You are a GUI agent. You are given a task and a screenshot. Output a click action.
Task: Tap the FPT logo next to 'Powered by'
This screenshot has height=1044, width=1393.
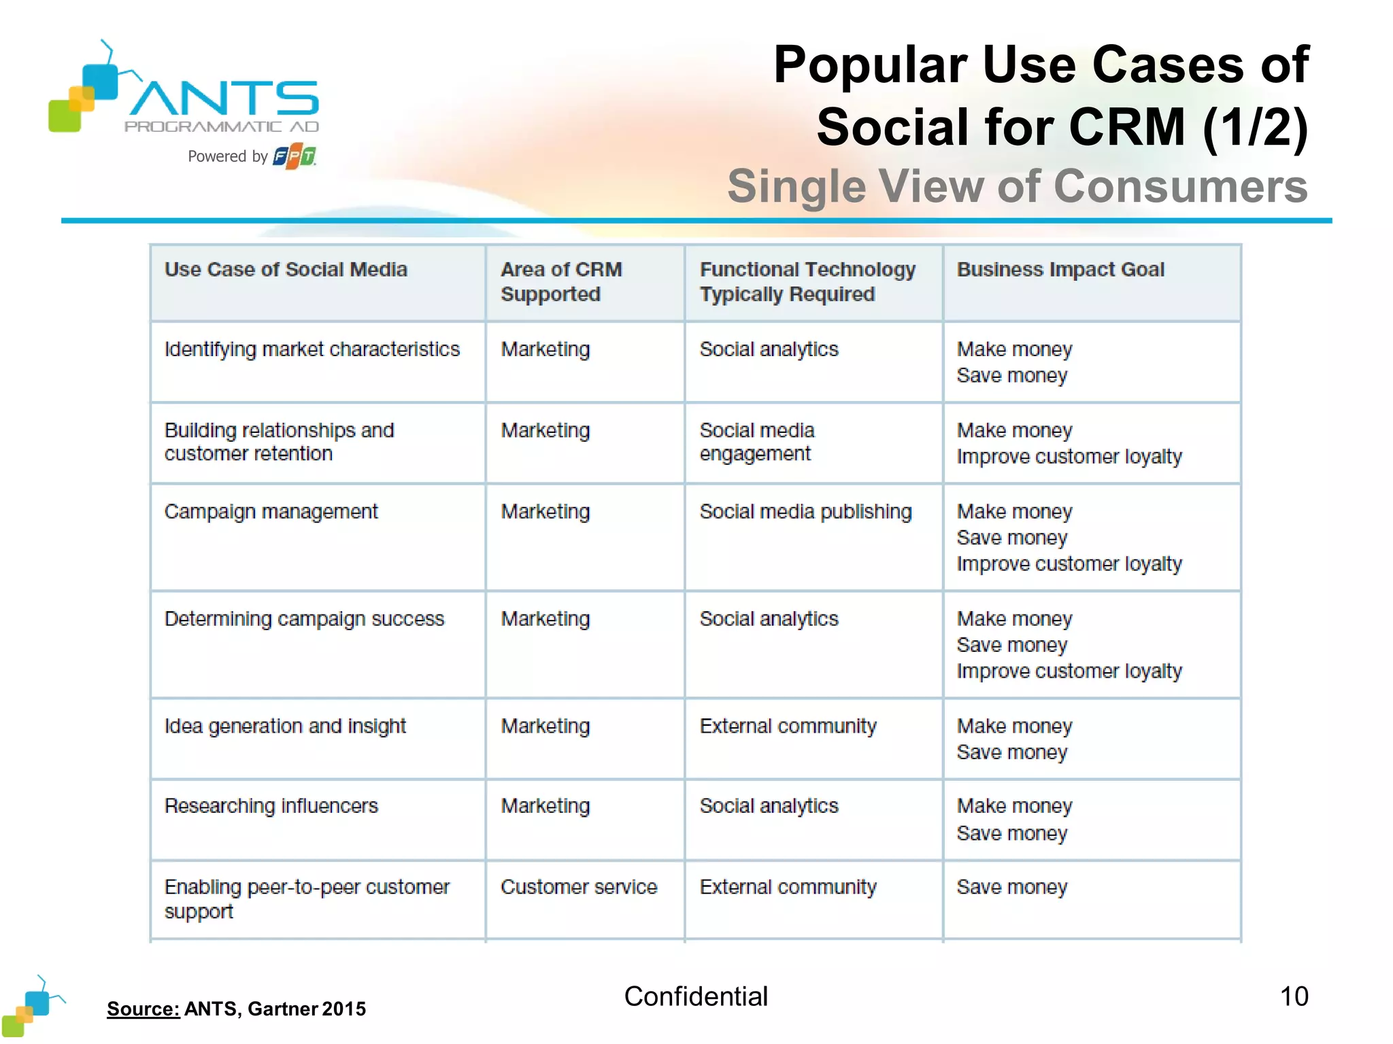pyautogui.click(x=294, y=157)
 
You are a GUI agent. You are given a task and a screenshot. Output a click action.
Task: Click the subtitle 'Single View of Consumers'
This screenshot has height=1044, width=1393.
pyautogui.click(x=1017, y=186)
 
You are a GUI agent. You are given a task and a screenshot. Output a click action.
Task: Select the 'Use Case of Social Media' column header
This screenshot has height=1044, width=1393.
pyautogui.click(x=286, y=270)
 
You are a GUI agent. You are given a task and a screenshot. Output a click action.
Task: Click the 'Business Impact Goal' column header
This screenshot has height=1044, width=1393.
pyautogui.click(x=1060, y=270)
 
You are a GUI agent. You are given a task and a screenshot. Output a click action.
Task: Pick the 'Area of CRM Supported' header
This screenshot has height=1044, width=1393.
pyautogui.click(x=561, y=281)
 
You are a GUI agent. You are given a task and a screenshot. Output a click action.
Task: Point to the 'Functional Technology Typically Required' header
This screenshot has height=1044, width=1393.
pyautogui.click(x=807, y=281)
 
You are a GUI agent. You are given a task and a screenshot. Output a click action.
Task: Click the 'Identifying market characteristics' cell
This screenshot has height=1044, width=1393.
pyautogui.click(x=312, y=349)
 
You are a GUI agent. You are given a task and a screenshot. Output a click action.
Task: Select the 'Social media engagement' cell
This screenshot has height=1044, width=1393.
pyautogui.click(x=756, y=442)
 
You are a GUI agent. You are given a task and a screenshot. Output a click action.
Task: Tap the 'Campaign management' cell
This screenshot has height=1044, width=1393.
pyautogui.click(x=271, y=512)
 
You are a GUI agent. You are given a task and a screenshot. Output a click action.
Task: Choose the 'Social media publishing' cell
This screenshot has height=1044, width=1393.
pyautogui.click(x=805, y=512)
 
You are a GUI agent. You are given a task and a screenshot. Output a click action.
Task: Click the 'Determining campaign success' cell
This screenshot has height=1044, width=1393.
pyautogui.click(x=304, y=619)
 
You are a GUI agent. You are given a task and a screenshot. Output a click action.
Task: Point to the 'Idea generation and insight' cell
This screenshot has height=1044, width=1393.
pyautogui.click(x=285, y=727)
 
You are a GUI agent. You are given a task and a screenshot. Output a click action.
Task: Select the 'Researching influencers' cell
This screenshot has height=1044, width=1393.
pyautogui.click(x=271, y=806)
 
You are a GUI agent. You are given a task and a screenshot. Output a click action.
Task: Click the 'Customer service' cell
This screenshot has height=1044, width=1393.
pyautogui.click(x=579, y=887)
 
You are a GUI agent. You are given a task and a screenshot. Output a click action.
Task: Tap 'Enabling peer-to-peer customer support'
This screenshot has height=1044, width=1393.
pyautogui.click(x=306, y=899)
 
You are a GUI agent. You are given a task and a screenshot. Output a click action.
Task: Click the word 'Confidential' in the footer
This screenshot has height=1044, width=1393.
pyautogui.click(x=696, y=996)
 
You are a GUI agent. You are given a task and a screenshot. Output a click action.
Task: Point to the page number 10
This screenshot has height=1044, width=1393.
pyautogui.click(x=1294, y=996)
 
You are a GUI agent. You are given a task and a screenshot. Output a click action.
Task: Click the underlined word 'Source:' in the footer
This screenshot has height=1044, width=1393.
pyautogui.click(x=143, y=1009)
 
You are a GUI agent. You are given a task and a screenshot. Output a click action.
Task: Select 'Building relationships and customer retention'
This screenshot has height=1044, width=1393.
pyautogui.click(x=279, y=442)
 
